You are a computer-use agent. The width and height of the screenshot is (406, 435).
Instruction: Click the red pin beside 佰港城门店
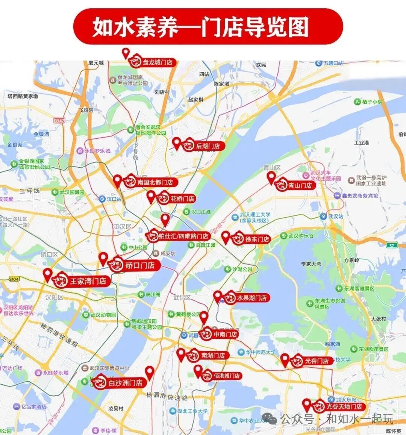click(x=198, y=371)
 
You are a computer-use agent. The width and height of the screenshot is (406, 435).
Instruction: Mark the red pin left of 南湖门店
click(x=181, y=355)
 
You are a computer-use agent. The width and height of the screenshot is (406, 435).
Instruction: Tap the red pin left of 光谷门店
click(x=285, y=360)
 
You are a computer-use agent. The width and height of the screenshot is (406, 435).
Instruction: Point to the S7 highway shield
click(x=392, y=245)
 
